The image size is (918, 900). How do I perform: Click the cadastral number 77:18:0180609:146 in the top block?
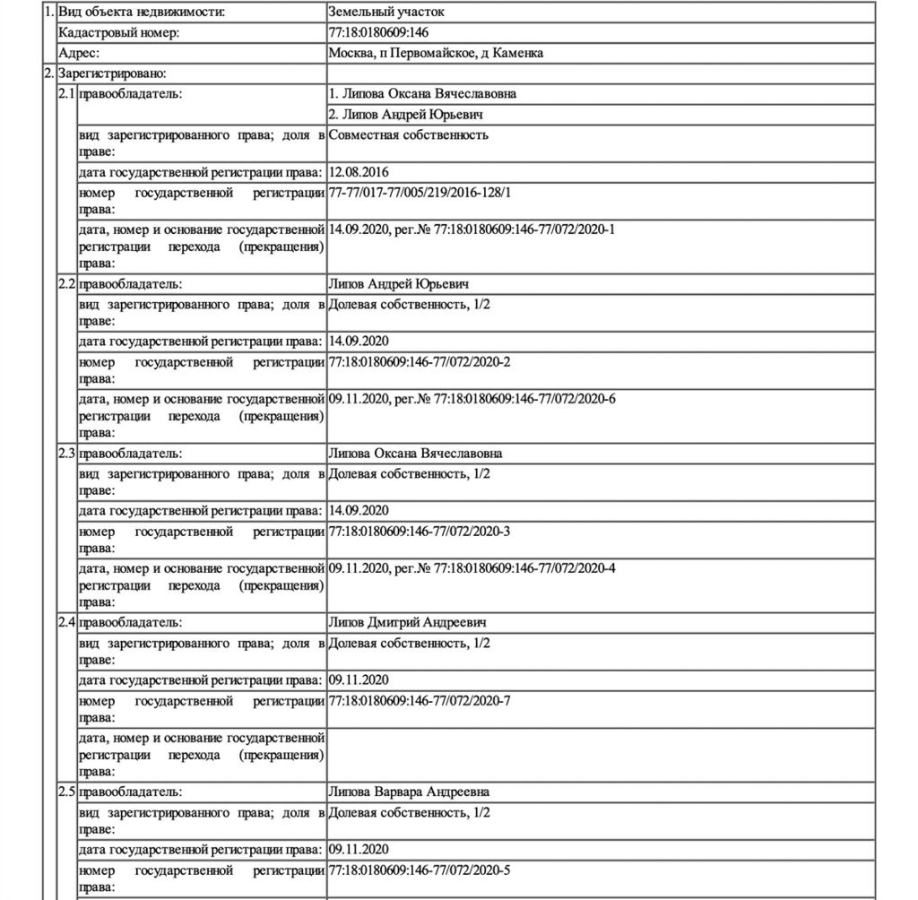[x=379, y=33]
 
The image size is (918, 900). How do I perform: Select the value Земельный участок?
[x=386, y=13]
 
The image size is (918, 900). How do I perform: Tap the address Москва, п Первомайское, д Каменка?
[x=436, y=54]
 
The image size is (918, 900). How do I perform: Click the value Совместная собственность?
[x=408, y=134]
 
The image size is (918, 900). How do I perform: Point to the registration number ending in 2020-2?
[x=420, y=361]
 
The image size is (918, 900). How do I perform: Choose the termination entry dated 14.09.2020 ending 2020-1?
[x=472, y=229]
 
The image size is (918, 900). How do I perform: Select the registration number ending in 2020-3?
[x=420, y=532]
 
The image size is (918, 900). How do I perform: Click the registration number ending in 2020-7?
[x=420, y=700]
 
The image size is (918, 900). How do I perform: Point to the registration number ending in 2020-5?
[x=420, y=870]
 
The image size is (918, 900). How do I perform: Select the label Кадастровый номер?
[x=118, y=33]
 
